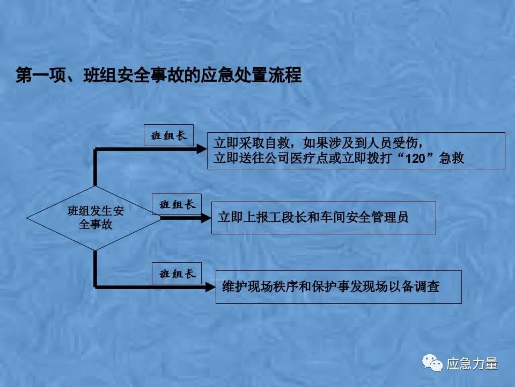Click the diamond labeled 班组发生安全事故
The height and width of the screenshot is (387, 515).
[94, 218]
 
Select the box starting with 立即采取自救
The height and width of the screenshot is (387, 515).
[356, 150]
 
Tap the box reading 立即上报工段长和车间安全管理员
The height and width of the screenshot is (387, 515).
[323, 218]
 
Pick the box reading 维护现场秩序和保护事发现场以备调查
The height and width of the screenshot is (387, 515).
[339, 287]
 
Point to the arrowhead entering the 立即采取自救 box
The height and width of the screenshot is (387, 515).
[202, 149]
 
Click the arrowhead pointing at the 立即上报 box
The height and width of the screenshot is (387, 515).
[206, 218]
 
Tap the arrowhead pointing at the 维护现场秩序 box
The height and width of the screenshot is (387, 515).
[210, 287]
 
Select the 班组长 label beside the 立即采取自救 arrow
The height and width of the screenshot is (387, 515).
[169, 135]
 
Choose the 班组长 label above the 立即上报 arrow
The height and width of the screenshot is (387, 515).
[177, 204]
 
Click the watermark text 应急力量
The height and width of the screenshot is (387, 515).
[472, 364]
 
